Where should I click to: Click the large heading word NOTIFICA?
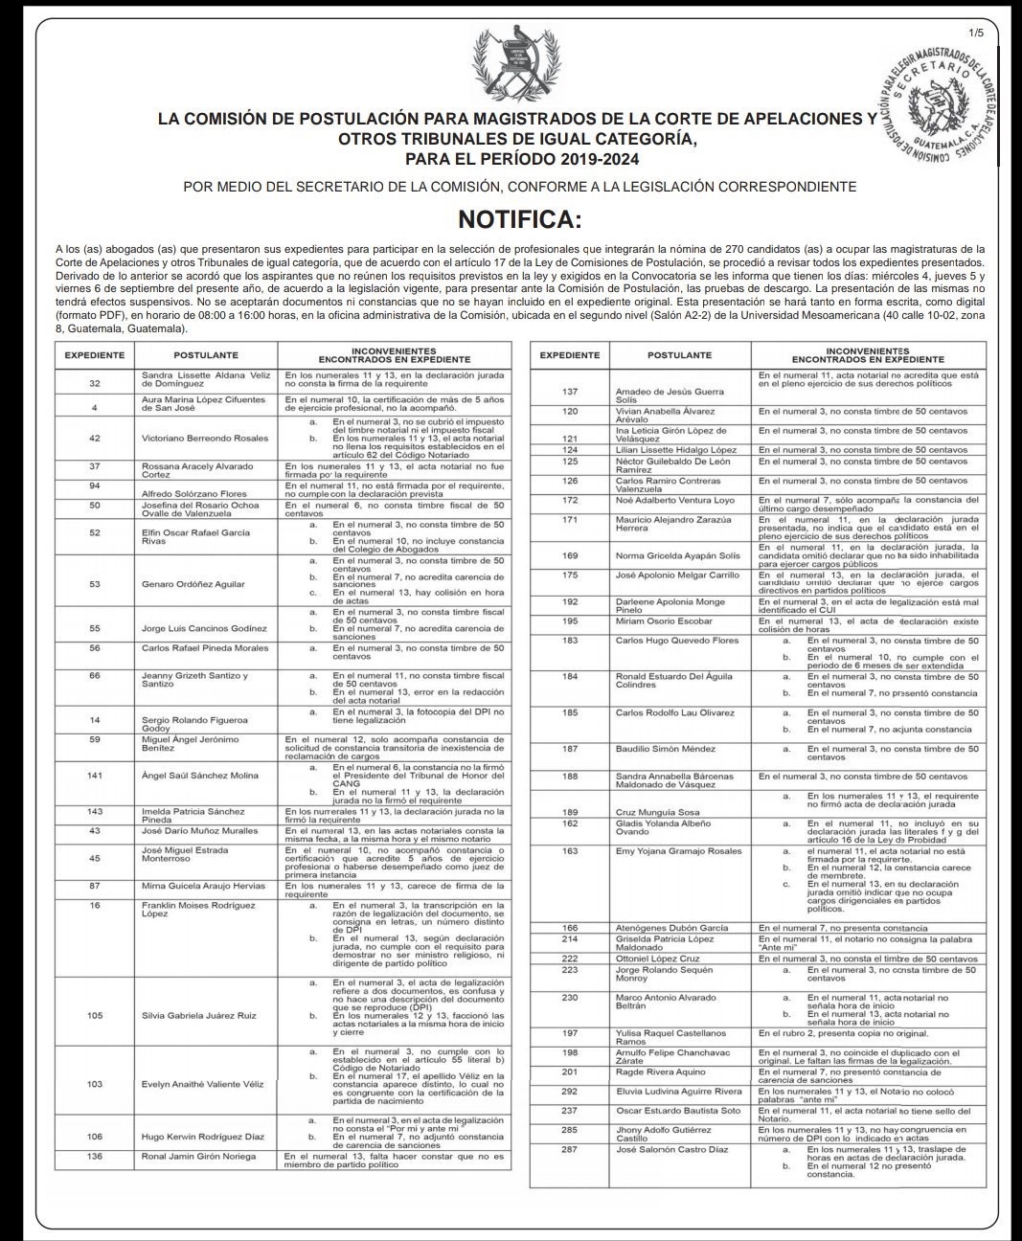coord(519,219)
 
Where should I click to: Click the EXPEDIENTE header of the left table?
coord(94,355)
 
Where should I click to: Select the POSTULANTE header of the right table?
coord(678,355)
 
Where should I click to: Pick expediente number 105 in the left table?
coord(94,1015)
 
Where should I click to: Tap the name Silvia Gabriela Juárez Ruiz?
coord(198,1015)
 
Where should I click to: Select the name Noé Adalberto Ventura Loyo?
coord(674,500)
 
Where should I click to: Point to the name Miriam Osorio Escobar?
coord(664,621)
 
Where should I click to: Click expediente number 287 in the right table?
coord(569,1149)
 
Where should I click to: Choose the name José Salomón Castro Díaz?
coord(671,1149)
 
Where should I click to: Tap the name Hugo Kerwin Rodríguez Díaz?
coord(203,1137)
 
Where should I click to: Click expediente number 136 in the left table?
coord(94,1157)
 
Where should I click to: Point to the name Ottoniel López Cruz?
coord(657,958)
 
